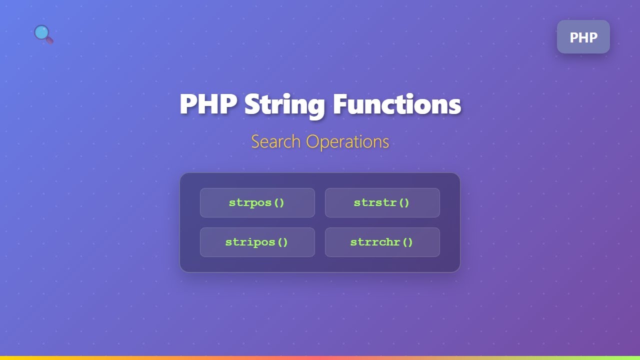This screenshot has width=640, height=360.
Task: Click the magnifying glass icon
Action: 43,34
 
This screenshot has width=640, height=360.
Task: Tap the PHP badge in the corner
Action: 583,37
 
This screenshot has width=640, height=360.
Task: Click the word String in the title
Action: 285,105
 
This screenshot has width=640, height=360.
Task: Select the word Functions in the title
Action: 397,104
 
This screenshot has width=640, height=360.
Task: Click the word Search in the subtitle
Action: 276,142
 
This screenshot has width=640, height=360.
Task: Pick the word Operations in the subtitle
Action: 347,142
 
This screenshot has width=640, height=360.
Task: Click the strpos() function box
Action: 257,202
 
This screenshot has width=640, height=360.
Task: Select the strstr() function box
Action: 382,202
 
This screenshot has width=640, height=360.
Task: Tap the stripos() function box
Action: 257,242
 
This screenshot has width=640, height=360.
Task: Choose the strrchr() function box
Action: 382,242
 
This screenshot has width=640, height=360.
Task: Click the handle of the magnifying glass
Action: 49,39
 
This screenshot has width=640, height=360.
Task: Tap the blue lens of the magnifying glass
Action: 41,32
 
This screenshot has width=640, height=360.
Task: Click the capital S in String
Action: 253,104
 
